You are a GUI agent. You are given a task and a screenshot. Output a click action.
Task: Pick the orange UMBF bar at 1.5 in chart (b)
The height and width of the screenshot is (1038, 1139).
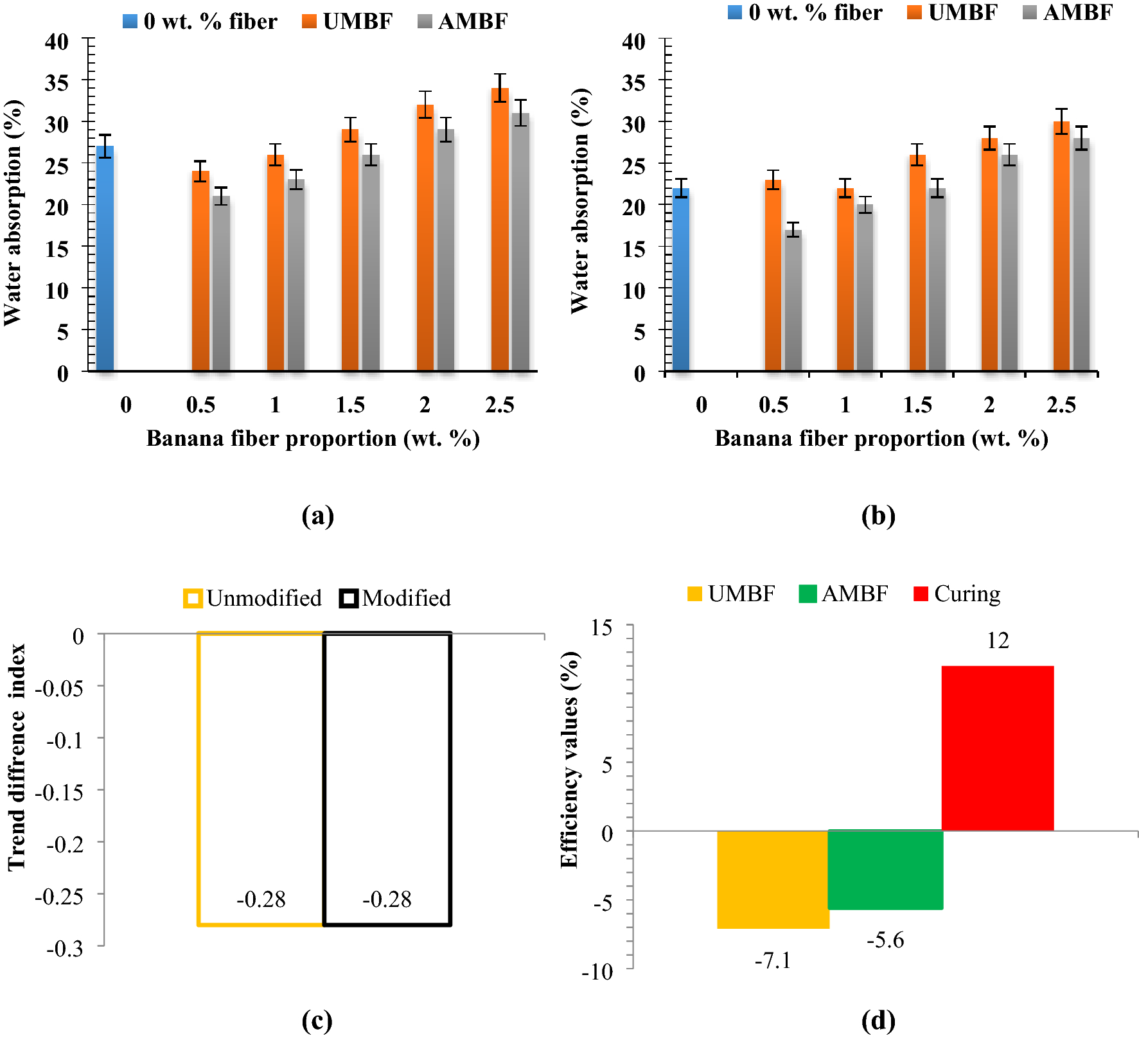(917, 263)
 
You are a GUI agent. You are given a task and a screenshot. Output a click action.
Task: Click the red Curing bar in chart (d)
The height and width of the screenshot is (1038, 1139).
(997, 748)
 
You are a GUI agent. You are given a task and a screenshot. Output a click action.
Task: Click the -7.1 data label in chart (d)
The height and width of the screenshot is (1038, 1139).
(772, 961)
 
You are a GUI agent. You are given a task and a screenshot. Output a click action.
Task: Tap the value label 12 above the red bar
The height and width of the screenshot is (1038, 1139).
(998, 640)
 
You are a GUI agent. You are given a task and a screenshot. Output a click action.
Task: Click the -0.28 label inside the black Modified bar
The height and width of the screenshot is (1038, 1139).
(387, 899)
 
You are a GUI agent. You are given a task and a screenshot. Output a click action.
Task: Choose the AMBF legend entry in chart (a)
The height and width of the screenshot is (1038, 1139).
(463, 21)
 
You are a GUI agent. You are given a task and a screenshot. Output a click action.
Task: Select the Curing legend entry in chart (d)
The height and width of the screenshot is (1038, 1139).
(957, 594)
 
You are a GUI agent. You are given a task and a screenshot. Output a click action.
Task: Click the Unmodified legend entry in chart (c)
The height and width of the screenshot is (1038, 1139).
(253, 598)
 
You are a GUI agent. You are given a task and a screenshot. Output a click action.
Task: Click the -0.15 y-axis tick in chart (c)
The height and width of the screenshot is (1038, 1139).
(59, 793)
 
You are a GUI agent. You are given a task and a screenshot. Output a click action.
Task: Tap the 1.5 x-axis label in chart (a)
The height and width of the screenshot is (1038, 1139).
(350, 405)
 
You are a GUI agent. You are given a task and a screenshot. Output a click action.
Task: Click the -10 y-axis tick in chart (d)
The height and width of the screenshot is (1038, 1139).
(597, 972)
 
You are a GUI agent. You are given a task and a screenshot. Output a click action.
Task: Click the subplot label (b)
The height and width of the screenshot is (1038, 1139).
(878, 516)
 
